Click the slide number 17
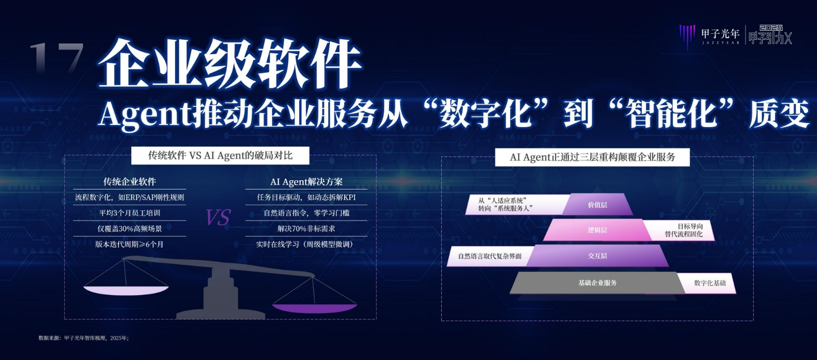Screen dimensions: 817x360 tap(57, 58)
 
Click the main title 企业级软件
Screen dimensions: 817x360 tap(229, 64)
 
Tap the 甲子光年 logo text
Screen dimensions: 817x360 tap(720, 34)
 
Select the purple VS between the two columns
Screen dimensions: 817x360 tap(218, 217)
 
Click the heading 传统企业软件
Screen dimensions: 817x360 tap(130, 181)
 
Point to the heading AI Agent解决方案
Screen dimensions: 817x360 tap(306, 181)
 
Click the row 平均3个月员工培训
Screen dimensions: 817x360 tap(130, 213)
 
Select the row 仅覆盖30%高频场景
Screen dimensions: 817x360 tap(130, 229)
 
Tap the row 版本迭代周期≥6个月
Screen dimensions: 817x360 tap(130, 245)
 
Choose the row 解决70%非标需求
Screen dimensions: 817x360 tap(306, 229)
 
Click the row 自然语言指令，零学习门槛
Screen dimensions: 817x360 tap(306, 213)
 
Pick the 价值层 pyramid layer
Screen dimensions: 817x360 tap(597, 205)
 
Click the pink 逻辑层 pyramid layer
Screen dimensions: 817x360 tap(597, 230)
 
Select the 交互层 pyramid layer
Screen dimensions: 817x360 tap(597, 256)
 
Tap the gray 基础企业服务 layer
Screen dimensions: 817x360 tap(597, 283)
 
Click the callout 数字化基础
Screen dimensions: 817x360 tap(710, 283)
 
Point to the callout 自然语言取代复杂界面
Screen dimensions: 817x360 tap(490, 256)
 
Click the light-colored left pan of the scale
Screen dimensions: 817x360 tap(126, 291)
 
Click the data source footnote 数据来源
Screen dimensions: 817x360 tap(84, 338)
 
